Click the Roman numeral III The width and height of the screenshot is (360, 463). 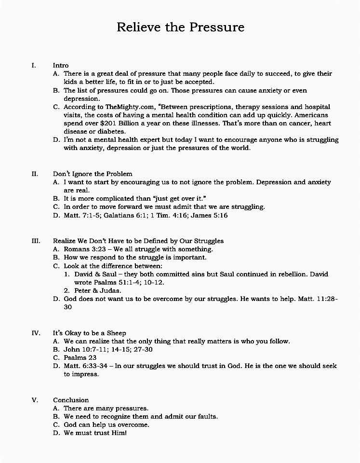pyautogui.click(x=36, y=241)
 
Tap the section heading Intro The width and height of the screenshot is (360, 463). pyautogui.click(x=61, y=65)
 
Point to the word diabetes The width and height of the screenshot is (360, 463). pyautogui.click(x=111, y=131)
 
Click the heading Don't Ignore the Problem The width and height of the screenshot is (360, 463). pyautogui.click(x=93, y=174)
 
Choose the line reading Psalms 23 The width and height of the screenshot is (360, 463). pyautogui.click(x=80, y=358)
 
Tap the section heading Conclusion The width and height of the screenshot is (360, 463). pyautogui.click(x=71, y=400)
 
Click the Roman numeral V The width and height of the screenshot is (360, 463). pyautogui.click(x=34, y=400)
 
